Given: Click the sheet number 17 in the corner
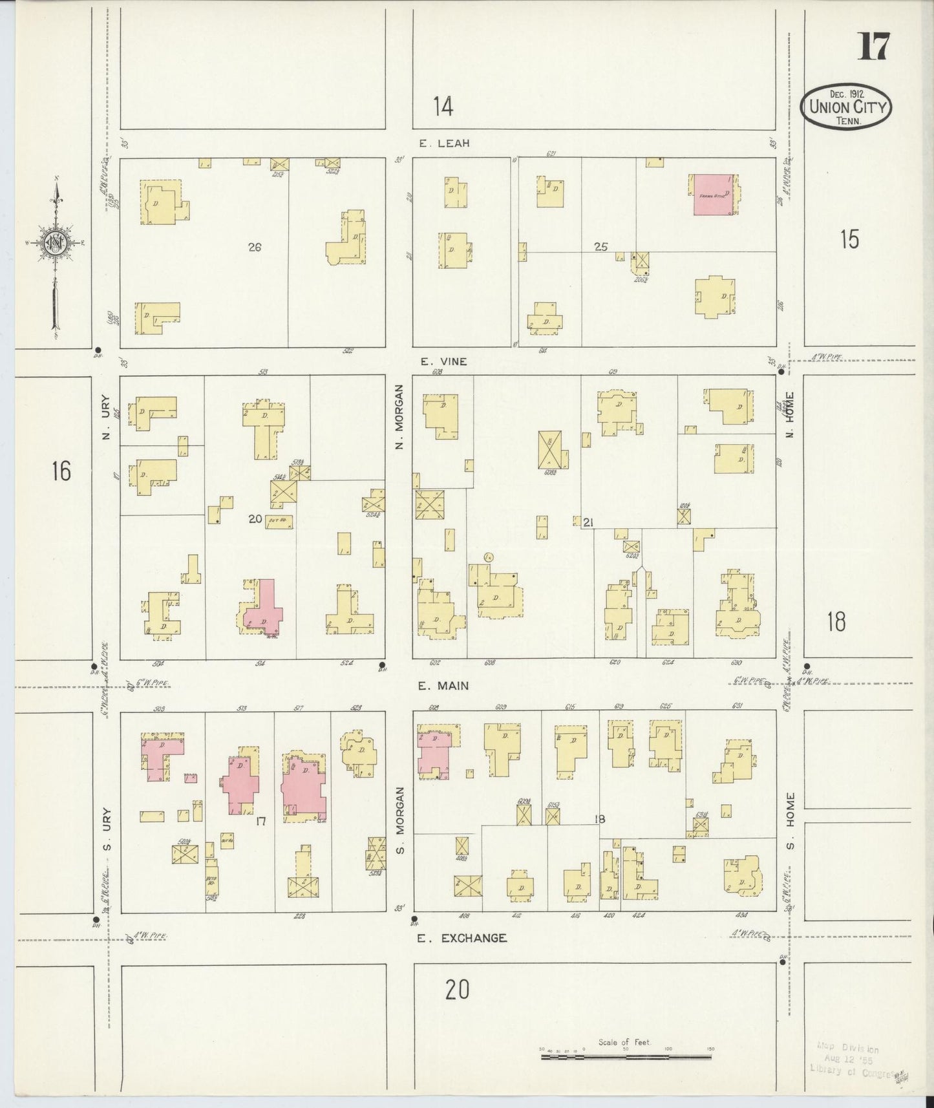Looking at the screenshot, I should [x=873, y=47].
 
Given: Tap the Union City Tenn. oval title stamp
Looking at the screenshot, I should [x=845, y=108].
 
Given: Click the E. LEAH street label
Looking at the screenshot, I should [x=444, y=144].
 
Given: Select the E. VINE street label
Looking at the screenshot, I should [x=443, y=361].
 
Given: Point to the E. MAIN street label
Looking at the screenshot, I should [x=443, y=685].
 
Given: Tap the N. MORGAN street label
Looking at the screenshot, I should [x=400, y=417].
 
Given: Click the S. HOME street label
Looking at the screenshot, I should [x=790, y=820].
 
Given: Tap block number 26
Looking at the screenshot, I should [x=255, y=246].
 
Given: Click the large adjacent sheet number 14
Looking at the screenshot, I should [x=443, y=106].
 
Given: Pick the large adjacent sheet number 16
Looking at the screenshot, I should [x=61, y=471].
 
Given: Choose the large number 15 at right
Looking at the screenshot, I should [x=849, y=239].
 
